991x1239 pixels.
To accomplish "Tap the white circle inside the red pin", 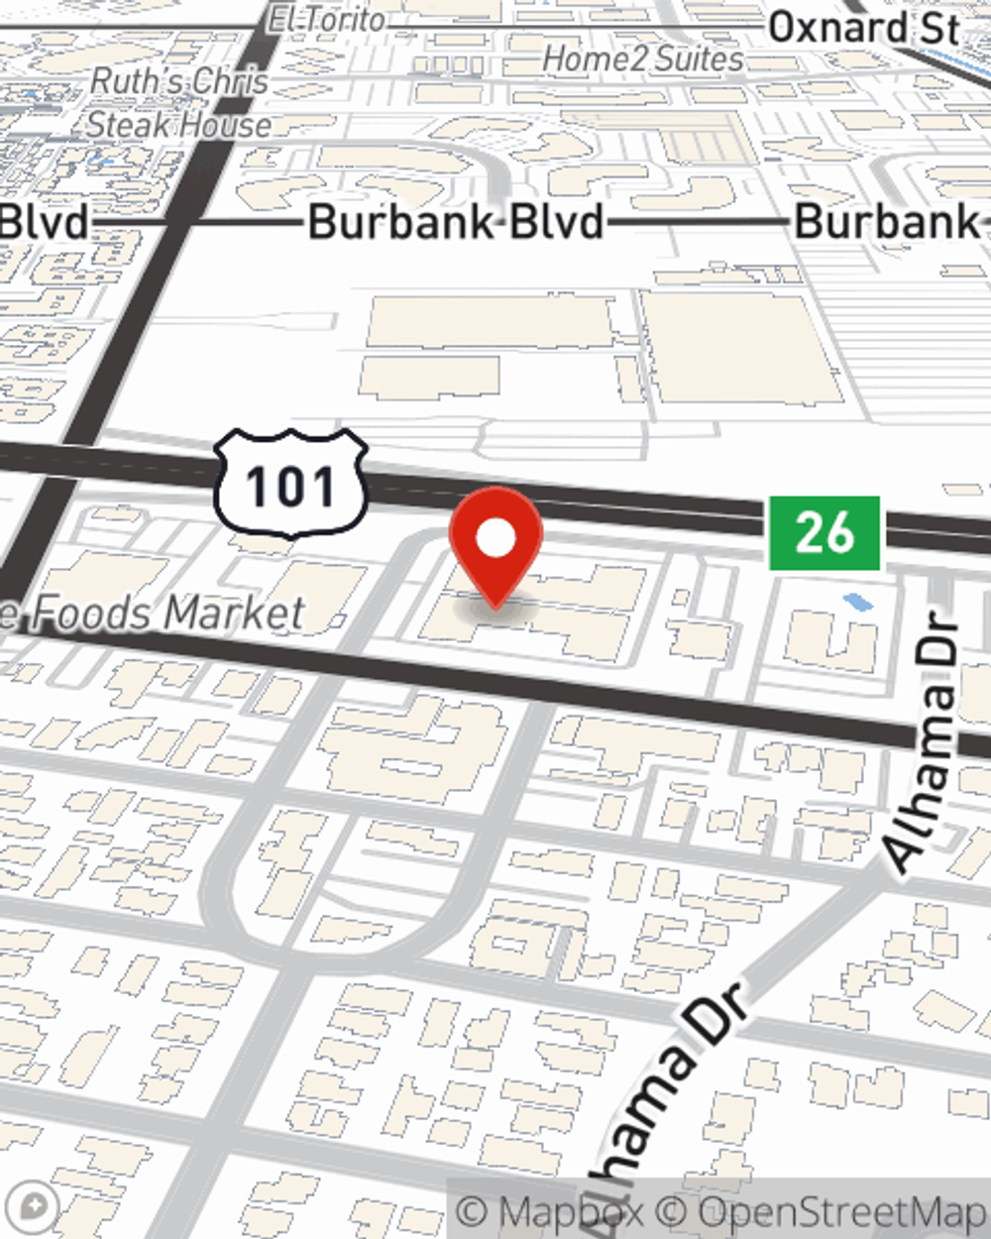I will tap(495, 539).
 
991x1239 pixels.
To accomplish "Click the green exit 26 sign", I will tap(825, 533).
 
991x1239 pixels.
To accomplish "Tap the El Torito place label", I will tap(326, 18).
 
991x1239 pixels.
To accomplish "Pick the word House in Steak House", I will tap(234, 126).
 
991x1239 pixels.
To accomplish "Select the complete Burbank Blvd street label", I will tap(456, 222).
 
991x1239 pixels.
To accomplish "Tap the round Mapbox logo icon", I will tap(34, 1206).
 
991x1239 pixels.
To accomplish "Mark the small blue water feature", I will tap(854, 601).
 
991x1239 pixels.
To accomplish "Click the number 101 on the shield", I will tap(291, 487).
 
